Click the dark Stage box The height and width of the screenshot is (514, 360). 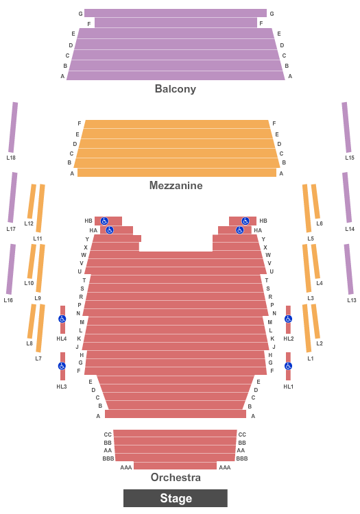pyautogui.click(x=176, y=498)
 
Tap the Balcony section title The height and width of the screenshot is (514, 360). pyautogui.click(x=176, y=89)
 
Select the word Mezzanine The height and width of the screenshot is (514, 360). pyautogui.click(x=176, y=186)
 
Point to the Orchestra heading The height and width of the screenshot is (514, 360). pyautogui.click(x=176, y=477)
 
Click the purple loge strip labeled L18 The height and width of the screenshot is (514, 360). pyautogui.click(x=13, y=127)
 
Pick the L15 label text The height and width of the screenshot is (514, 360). pyautogui.click(x=350, y=158)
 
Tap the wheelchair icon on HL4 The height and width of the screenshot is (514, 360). pyautogui.click(x=62, y=319)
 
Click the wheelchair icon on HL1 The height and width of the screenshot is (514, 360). pyautogui.click(x=288, y=366)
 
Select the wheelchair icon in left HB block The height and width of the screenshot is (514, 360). pyautogui.click(x=104, y=221)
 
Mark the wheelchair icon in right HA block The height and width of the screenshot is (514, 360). pyautogui.click(x=240, y=230)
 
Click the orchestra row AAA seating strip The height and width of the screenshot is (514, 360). pyautogui.click(x=175, y=465)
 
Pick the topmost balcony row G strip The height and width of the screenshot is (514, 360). pyautogui.click(x=176, y=13)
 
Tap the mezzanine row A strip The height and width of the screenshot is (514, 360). pyautogui.click(x=177, y=173)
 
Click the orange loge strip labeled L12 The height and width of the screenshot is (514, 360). pyautogui.click(x=32, y=201)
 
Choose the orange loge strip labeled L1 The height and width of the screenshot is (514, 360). pyautogui.click(x=307, y=328)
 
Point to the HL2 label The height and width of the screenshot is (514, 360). pyautogui.click(x=289, y=339)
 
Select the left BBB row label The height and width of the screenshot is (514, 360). pyautogui.click(x=108, y=458)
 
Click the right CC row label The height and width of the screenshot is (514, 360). pyautogui.click(x=242, y=435)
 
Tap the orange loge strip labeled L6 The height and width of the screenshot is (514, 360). pyautogui.click(x=315, y=201)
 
